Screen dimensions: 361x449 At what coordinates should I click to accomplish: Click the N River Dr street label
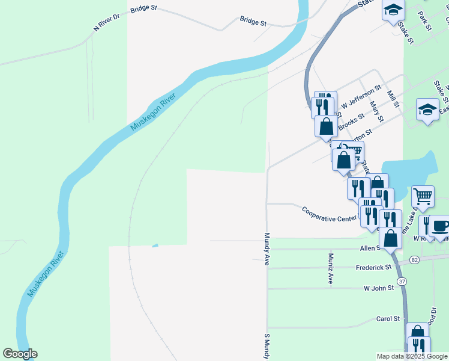[107, 23]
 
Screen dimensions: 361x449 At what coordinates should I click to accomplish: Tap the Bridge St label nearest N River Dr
[143, 9]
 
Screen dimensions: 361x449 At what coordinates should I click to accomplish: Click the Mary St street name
[376, 111]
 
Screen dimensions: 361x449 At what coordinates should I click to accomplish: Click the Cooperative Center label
[329, 215]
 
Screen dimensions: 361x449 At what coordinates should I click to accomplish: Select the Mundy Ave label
[267, 249]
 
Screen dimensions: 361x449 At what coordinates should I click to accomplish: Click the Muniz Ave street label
[331, 268]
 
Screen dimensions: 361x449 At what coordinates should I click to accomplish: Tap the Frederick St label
[373, 267]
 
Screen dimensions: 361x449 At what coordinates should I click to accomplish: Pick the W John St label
[378, 288]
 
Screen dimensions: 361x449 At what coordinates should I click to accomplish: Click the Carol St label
[388, 319]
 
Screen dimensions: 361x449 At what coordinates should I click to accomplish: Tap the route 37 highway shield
[402, 281]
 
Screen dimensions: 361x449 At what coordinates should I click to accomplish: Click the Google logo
[20, 354]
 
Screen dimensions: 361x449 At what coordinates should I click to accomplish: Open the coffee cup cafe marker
[440, 226]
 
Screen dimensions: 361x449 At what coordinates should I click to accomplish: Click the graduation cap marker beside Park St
[393, 10]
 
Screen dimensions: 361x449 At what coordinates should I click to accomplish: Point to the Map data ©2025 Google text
[412, 356]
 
